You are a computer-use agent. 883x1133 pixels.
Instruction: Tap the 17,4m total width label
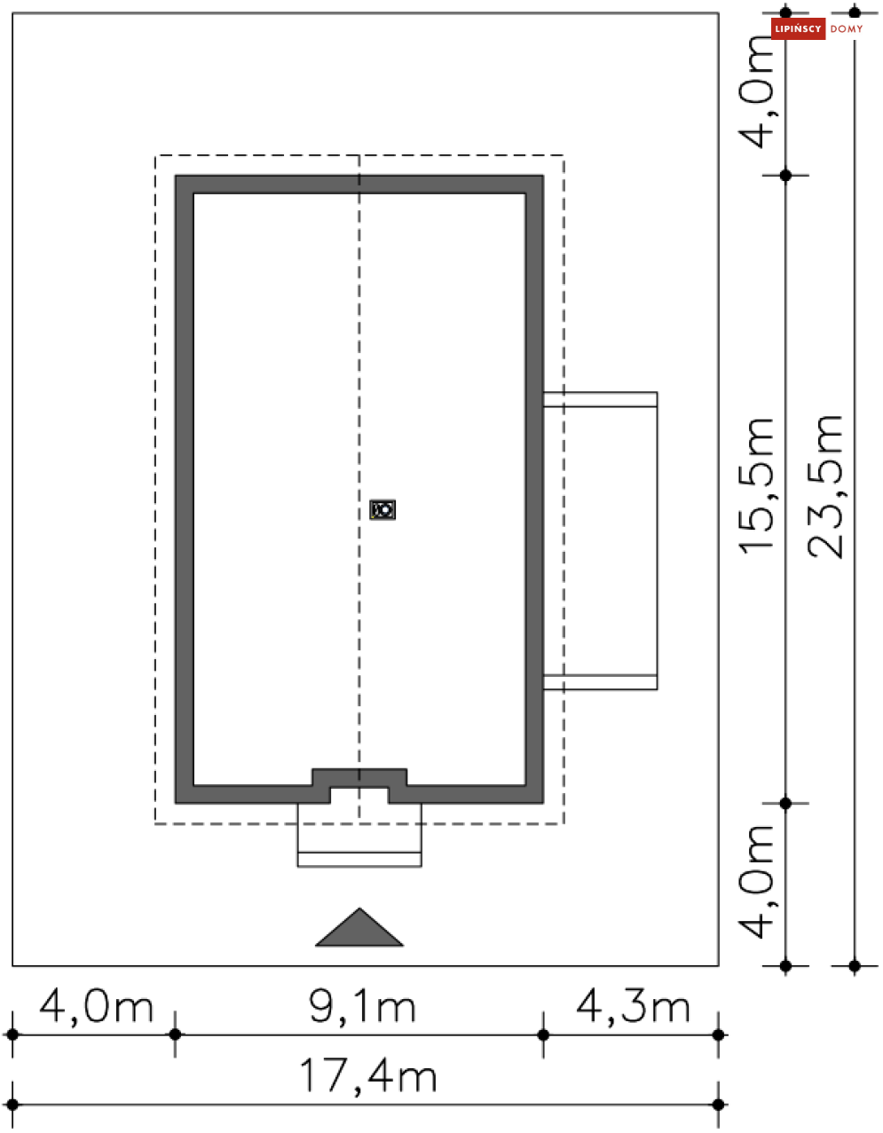pos(367,1076)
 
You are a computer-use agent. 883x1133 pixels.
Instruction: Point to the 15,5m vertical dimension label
pos(758,486)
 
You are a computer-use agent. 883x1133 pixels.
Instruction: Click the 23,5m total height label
pos(826,486)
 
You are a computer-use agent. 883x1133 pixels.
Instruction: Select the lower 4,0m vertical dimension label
pos(760,880)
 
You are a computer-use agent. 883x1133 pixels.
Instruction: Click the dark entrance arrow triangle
pos(359,929)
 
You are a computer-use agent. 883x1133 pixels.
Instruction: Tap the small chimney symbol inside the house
pos(382,509)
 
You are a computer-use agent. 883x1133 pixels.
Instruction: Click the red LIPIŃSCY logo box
pos(798,29)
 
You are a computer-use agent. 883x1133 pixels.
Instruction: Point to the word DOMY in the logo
pos(847,29)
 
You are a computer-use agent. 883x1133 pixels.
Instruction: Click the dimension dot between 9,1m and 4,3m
pos(543,1035)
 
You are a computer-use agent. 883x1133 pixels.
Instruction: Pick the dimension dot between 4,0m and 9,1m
pos(175,1035)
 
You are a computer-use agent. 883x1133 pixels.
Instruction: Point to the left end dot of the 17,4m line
pos(12,1105)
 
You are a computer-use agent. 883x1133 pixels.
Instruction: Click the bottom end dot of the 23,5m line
pos(855,965)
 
